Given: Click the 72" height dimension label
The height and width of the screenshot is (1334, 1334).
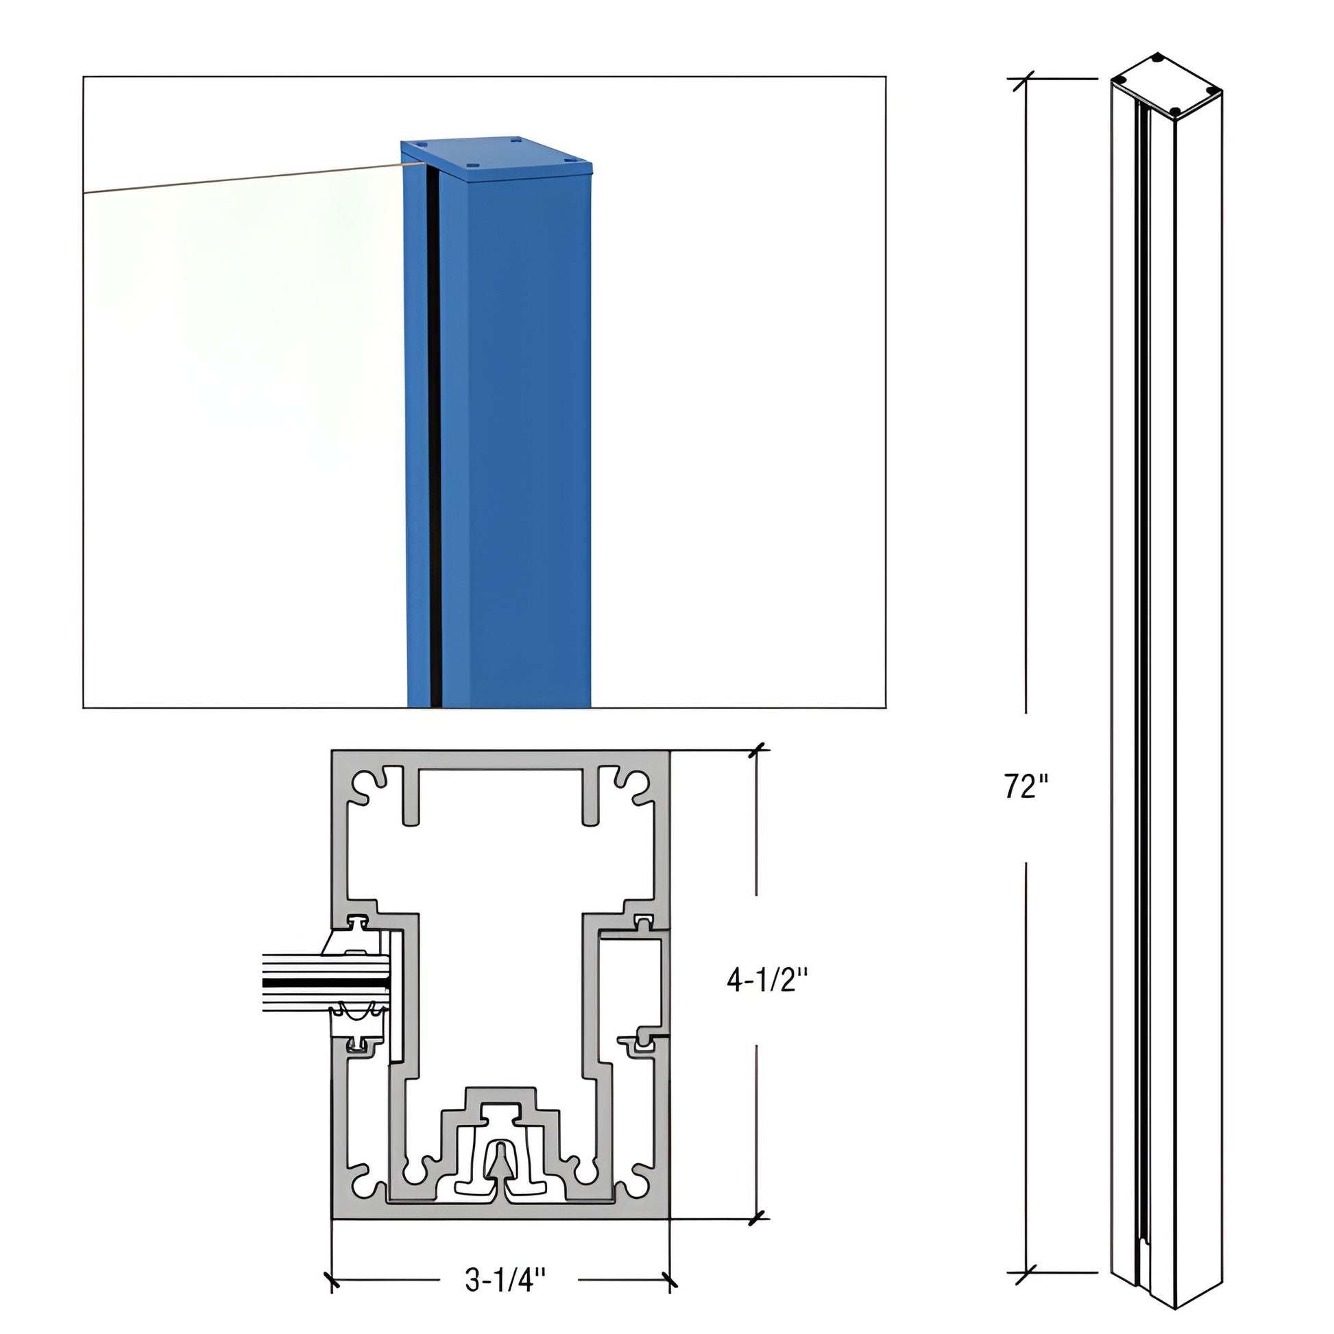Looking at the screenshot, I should click(x=1026, y=786).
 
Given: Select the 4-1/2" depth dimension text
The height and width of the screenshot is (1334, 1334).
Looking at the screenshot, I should click(x=766, y=979).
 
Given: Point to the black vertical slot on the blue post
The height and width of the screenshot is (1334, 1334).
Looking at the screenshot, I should click(x=434, y=442).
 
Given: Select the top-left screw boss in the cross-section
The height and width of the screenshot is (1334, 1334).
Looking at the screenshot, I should click(x=365, y=786).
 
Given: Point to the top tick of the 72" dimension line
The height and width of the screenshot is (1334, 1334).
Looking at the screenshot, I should click(x=1026, y=80).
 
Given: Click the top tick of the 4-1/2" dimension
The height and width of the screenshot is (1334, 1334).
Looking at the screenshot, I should click(x=758, y=751).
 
